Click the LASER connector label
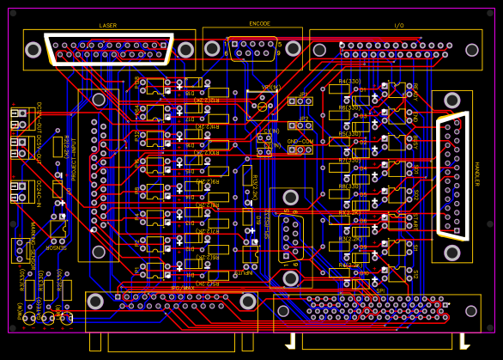pyautogui.click(x=108, y=26)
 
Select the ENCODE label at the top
pyautogui.click(x=259, y=24)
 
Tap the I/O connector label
pyautogui.click(x=398, y=26)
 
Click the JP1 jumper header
pyautogui.click(x=300, y=101)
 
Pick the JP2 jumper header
pyautogui.click(x=300, y=125)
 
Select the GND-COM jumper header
pyautogui.click(x=300, y=149)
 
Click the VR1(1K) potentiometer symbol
pyautogui.click(x=263, y=104)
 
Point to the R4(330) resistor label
pyautogui.click(x=349, y=81)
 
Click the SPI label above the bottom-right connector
pyautogui.click(x=380, y=290)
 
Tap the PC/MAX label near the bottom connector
pyautogui.click(x=182, y=289)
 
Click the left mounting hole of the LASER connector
pyautogui.click(x=33, y=50)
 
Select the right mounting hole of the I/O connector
pyautogui.click(x=471, y=50)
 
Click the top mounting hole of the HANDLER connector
pyautogui.click(x=452, y=101)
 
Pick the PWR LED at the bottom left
pyautogui.click(x=29, y=319)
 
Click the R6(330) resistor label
pyautogui.click(x=349, y=107)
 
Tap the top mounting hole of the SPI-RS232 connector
pyautogui.click(x=291, y=198)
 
